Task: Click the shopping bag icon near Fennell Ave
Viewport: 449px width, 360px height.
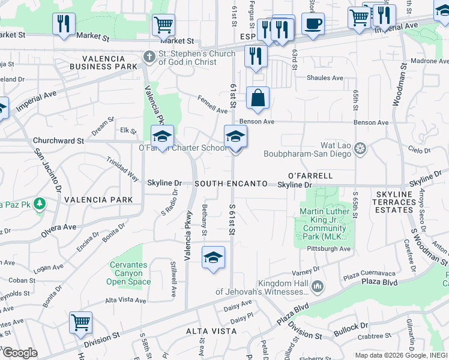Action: pos(258,98)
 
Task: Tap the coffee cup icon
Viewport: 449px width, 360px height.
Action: pos(313,24)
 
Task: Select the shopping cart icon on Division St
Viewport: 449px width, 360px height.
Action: pos(80,323)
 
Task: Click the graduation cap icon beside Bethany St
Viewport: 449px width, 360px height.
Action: pos(213,257)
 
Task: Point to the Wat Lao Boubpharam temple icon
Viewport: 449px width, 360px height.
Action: pos(360,148)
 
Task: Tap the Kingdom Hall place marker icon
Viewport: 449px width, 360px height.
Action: pos(317,287)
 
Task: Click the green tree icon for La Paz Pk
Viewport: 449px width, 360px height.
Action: pos(40,204)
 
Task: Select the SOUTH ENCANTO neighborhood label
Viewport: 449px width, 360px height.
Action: pos(231,183)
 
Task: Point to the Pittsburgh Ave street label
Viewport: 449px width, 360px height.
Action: pos(327,248)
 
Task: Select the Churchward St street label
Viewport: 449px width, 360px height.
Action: pos(58,140)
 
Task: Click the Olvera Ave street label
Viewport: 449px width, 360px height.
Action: pos(59,227)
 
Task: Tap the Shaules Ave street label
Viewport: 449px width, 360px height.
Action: pos(325,78)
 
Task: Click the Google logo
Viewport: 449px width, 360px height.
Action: pos(20,353)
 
